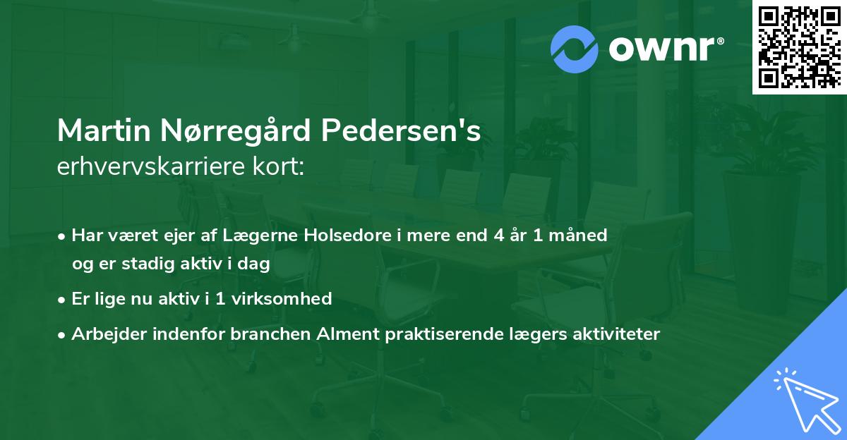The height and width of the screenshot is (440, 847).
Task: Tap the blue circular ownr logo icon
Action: pyautogui.click(x=575, y=49)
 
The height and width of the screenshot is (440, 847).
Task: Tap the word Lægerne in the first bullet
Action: pyautogui.click(x=268, y=235)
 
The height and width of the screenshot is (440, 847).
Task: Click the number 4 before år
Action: pyautogui.click(x=498, y=235)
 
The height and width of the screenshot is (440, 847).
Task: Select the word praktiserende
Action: pyautogui.click(x=443, y=334)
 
